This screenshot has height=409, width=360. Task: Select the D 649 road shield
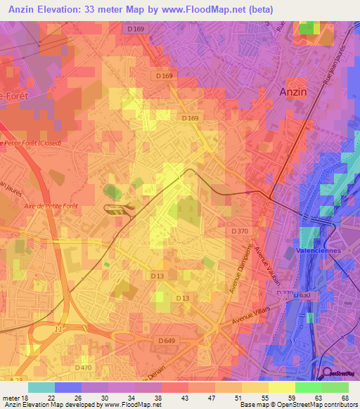(167, 341)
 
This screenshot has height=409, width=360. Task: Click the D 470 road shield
(84, 367)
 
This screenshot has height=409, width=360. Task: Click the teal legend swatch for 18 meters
(41, 387)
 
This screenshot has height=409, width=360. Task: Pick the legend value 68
(344, 398)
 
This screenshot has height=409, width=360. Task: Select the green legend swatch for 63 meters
(308, 387)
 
